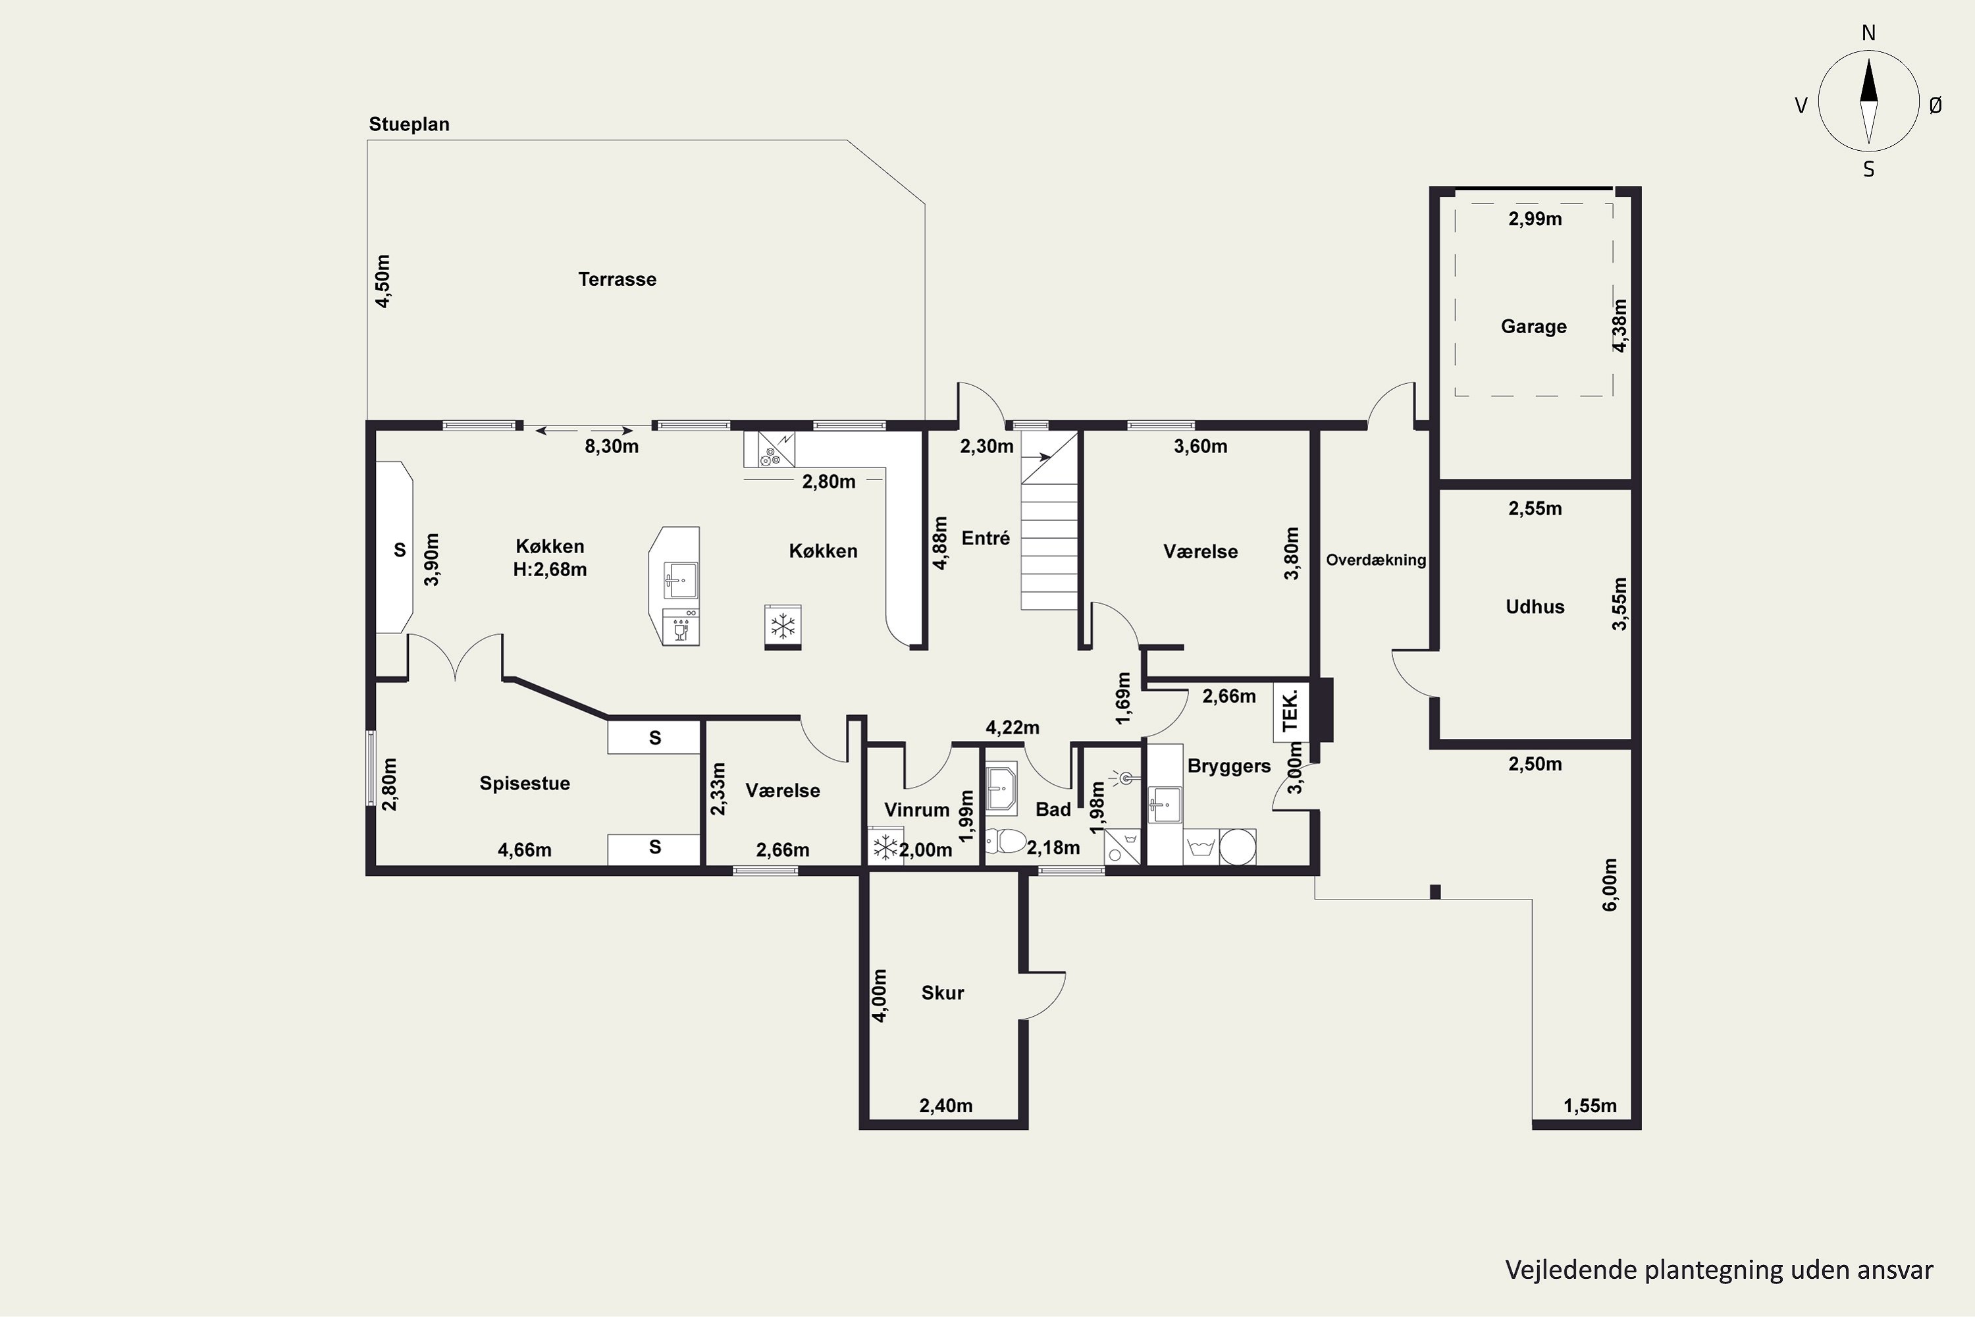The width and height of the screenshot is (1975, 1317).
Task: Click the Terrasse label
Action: [x=618, y=280]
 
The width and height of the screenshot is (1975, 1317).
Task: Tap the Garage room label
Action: [x=1533, y=327]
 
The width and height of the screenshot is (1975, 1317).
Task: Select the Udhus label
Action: [x=1535, y=607]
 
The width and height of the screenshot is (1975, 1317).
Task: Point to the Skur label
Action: [x=942, y=993]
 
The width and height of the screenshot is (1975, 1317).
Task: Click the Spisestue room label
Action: [x=525, y=784]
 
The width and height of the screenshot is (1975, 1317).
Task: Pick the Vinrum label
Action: [x=916, y=811]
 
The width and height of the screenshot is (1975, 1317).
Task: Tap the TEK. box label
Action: [x=1290, y=711]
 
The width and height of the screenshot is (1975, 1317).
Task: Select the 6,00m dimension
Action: [x=1609, y=884]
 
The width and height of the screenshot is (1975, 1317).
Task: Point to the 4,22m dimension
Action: [x=1012, y=728]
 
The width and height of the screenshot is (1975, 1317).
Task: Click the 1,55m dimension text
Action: [x=1590, y=1106]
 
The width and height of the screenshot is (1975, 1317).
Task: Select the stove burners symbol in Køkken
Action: [x=768, y=458]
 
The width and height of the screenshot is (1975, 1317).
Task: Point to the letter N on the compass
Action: [x=1868, y=33]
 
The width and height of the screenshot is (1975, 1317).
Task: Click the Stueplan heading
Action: [x=409, y=124]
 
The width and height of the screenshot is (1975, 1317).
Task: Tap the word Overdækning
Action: [x=1375, y=560]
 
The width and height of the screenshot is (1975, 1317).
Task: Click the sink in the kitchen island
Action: [x=680, y=580]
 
